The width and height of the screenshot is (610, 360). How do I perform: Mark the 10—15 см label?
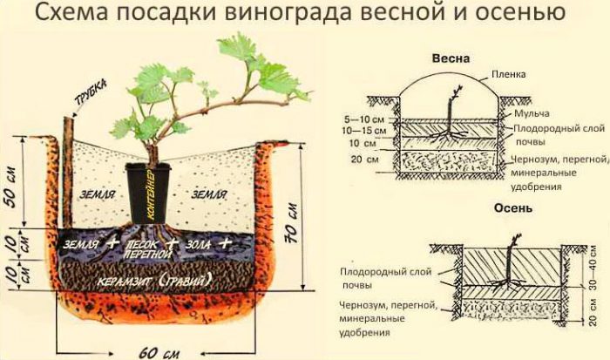point(364,128)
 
